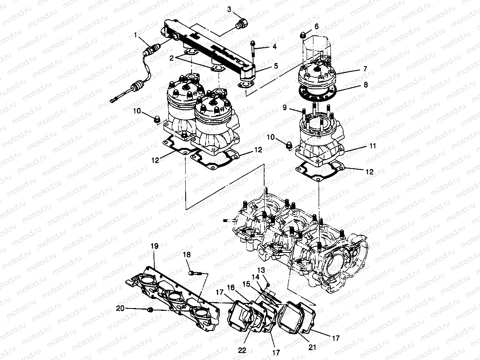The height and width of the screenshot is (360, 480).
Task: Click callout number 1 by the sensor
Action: (x=136, y=35)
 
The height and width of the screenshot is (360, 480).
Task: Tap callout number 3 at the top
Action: (x=229, y=9)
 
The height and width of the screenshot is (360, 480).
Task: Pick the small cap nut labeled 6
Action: (x=303, y=36)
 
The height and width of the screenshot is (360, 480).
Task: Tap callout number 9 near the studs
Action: (x=285, y=107)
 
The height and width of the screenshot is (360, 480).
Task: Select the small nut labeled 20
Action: (x=150, y=310)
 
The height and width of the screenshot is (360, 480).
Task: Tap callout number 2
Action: (x=171, y=58)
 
